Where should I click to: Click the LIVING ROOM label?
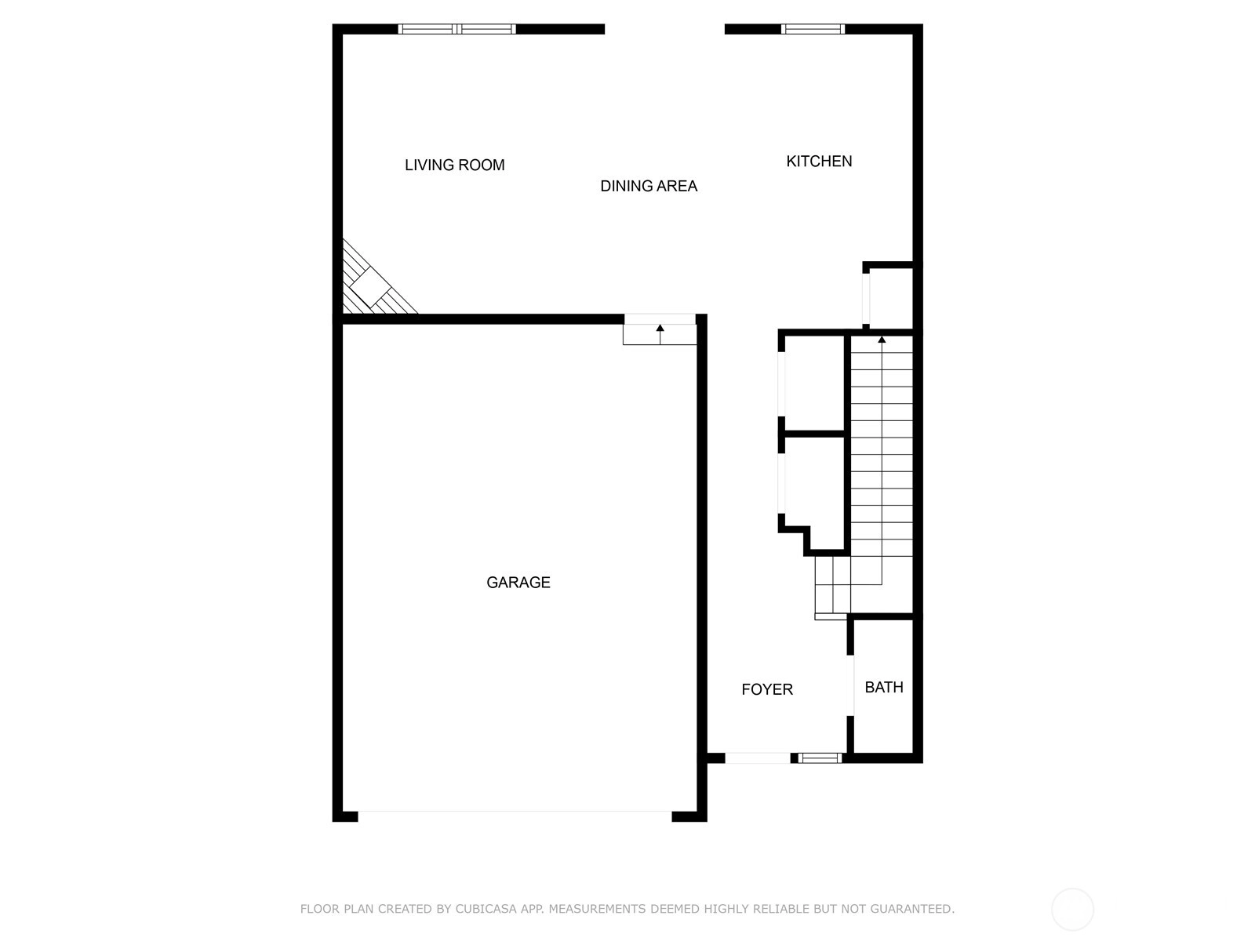click(454, 165)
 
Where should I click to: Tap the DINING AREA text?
click(649, 187)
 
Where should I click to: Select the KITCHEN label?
click(819, 162)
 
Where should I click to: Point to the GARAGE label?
click(518, 582)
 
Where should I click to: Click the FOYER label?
click(766, 689)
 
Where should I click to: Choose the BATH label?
click(883, 688)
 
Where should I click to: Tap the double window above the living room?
click(457, 29)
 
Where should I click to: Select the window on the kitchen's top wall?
click(813, 29)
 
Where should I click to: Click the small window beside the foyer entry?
click(820, 758)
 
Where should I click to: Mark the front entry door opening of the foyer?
click(758, 758)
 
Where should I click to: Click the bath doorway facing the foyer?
click(850, 685)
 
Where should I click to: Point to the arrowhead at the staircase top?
click(882, 340)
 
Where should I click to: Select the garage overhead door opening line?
click(515, 812)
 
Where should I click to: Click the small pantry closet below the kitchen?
click(889, 298)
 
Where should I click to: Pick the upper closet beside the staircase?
click(813, 383)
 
